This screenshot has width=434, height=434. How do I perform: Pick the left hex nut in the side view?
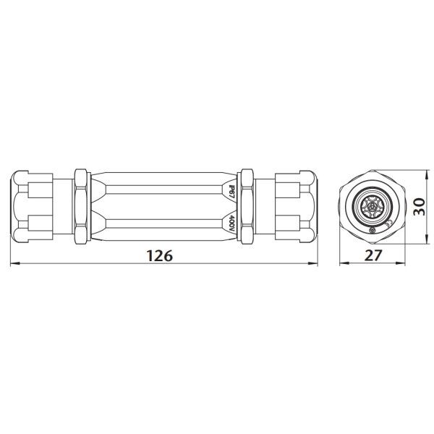[80, 206]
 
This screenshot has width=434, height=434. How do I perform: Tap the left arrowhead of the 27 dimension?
[341, 265]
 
